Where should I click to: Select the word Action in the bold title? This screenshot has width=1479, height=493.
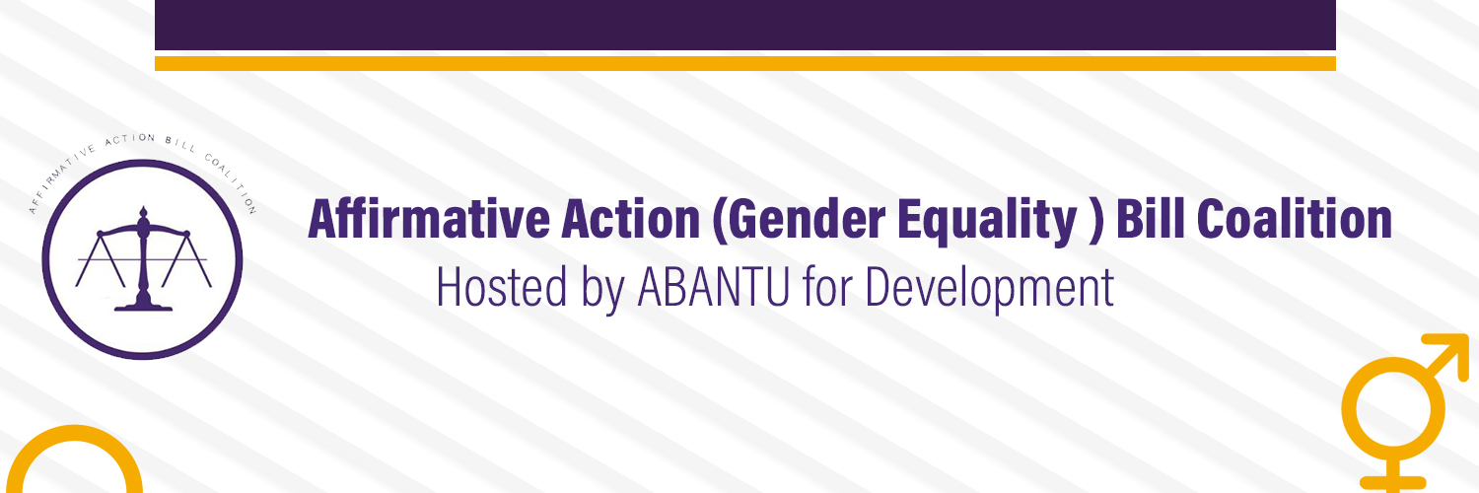[631, 219]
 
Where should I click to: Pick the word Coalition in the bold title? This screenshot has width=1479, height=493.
[1294, 219]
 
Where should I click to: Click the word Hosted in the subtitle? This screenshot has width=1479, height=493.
[502, 287]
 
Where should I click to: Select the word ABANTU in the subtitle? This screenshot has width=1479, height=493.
[713, 287]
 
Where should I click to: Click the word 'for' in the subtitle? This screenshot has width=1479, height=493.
[827, 287]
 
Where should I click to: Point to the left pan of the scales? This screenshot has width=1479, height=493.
[101, 260]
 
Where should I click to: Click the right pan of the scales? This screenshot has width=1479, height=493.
[187, 260]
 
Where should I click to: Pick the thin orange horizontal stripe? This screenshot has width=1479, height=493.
[745, 63]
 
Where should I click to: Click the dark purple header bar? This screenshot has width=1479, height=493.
[745, 25]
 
